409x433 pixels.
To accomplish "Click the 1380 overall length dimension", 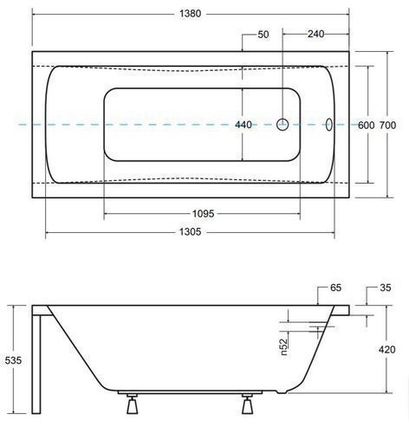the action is pyautogui.click(x=190, y=13).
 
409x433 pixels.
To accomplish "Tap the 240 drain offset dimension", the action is pyautogui.click(x=315, y=34).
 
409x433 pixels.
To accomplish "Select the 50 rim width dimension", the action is pyautogui.click(x=263, y=35).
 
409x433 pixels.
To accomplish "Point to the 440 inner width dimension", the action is pyautogui.click(x=243, y=125).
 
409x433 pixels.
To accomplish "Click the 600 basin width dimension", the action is pyautogui.click(x=366, y=125).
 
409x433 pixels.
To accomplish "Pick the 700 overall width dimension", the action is pyautogui.click(x=387, y=125).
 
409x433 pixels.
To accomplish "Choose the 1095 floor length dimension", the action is pyautogui.click(x=204, y=214).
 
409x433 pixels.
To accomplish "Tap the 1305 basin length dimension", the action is pyautogui.click(x=190, y=231).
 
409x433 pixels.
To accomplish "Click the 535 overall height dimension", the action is pyautogui.click(x=13, y=360).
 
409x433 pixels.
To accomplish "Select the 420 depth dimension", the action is pyautogui.click(x=386, y=349).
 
